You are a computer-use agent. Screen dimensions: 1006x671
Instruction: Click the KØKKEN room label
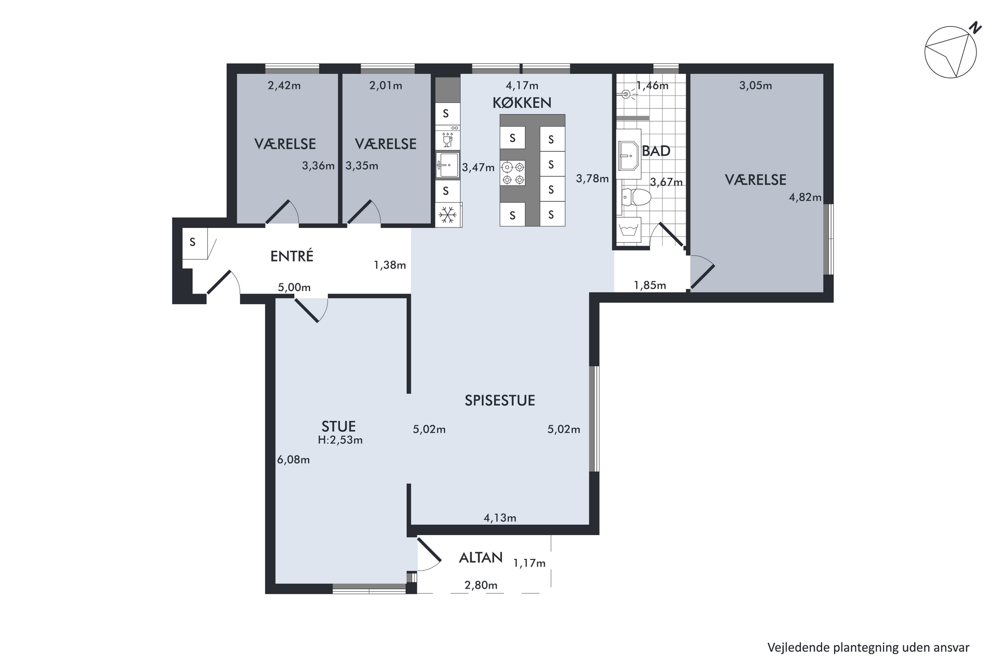click(521, 103)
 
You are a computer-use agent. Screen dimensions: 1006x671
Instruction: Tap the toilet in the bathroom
click(635, 197)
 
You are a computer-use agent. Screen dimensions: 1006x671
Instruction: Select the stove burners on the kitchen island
click(513, 173)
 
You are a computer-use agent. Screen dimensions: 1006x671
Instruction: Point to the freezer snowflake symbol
click(447, 214)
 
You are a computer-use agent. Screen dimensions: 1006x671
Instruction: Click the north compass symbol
click(950, 51)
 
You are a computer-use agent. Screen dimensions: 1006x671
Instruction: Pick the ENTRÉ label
click(292, 256)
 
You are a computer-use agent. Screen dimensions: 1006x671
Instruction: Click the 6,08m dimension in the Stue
click(293, 460)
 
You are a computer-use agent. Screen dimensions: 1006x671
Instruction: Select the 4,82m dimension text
click(805, 197)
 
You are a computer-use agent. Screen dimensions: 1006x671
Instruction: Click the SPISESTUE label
click(500, 401)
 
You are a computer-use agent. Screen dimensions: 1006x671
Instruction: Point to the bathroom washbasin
click(628, 154)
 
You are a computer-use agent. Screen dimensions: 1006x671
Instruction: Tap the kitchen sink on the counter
click(447, 165)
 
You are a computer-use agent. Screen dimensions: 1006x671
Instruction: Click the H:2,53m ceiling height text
click(340, 440)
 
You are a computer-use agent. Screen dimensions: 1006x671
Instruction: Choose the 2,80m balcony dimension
click(481, 585)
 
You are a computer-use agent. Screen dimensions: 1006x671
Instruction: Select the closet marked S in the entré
click(195, 243)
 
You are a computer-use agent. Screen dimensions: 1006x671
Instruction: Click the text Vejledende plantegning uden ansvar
click(868, 648)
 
